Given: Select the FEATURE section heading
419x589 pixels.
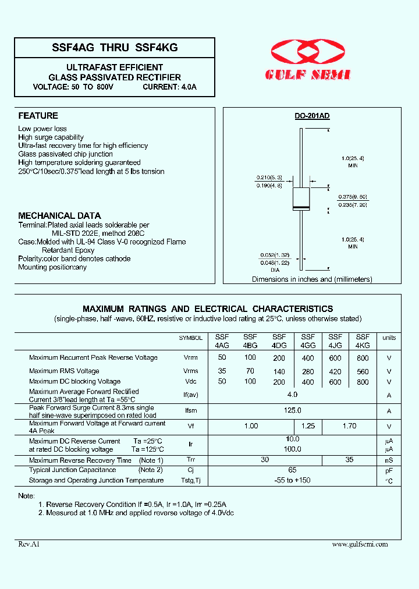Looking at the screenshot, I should pyautogui.click(x=38, y=116).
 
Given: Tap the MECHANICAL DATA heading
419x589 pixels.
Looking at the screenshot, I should pyautogui.click(x=59, y=215).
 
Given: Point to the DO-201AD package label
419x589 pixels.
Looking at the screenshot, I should pyautogui.click(x=312, y=116).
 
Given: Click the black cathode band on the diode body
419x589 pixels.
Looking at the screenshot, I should pyautogui.click(x=301, y=208).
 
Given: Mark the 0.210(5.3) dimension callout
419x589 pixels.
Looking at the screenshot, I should pyautogui.click(x=269, y=178).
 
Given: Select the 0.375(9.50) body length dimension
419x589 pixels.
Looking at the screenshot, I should pyautogui.click(x=354, y=197).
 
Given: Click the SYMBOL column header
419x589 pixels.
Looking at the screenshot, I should pyautogui.click(x=191, y=338).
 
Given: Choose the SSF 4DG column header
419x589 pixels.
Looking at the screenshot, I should pyautogui.click(x=279, y=340).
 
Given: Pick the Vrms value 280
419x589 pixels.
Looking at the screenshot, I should pyautogui.click(x=308, y=371).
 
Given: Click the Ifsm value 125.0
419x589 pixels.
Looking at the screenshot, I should pyautogui.click(x=292, y=410).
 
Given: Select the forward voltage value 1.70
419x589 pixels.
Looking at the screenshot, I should pyautogui.click(x=349, y=426).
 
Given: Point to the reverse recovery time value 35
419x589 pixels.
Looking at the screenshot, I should pyautogui.click(x=349, y=460).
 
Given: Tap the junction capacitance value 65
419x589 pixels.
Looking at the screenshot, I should pyautogui.click(x=292, y=470).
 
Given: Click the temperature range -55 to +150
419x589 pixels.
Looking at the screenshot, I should pyautogui.click(x=292, y=481).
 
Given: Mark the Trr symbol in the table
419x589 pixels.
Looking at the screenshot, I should pyautogui.click(x=191, y=460).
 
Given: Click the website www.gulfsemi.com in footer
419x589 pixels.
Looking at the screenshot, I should pyautogui.click(x=360, y=544).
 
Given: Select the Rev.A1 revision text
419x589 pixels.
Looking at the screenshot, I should pyautogui.click(x=29, y=544).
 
